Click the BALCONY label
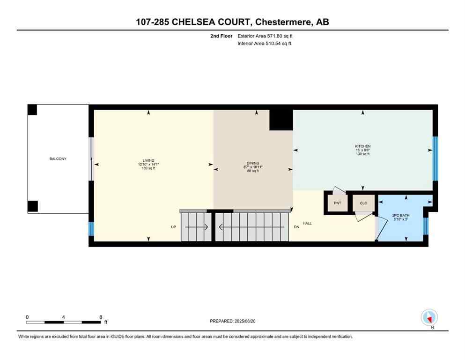pos(58,159)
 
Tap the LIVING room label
pos(149,160)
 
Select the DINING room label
pos(253,163)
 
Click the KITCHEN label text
pos(362,146)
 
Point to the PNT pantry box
pos(337,203)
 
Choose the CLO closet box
pos(363,203)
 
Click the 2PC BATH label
pos(400,216)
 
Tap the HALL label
pos(307,223)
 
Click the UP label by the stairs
pos(173,227)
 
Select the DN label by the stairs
pos(296,227)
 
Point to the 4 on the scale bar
pos(63,317)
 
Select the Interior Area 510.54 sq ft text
pos(265,44)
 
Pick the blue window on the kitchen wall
pos(435,158)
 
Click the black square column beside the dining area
pos(281,120)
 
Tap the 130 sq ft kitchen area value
pos(362,154)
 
